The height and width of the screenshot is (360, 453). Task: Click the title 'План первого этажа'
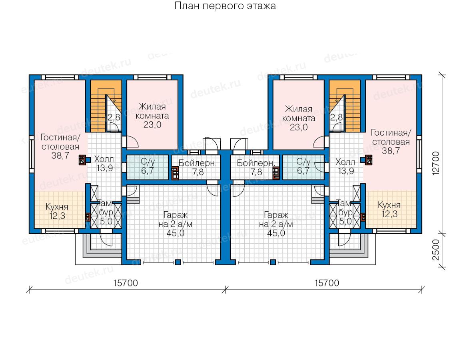(x=225, y=6)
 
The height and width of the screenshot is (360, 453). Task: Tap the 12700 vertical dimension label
(x=436, y=163)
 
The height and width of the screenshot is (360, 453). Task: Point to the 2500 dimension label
(x=436, y=250)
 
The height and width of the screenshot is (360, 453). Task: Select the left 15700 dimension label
(x=126, y=283)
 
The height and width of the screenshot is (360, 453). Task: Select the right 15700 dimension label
(x=327, y=283)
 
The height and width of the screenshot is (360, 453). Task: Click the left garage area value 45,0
(x=176, y=233)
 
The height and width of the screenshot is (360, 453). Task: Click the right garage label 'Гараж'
(x=276, y=215)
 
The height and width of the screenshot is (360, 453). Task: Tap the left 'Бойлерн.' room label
(x=198, y=163)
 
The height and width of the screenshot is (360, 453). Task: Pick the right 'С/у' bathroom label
(x=303, y=162)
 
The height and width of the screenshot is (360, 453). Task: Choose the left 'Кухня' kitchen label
(x=57, y=207)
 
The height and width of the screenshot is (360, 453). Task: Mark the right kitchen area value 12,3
(x=389, y=214)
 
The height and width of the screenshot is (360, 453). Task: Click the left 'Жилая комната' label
(x=152, y=111)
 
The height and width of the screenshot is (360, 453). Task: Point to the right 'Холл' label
(x=345, y=162)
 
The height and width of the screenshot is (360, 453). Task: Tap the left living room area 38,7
(x=60, y=156)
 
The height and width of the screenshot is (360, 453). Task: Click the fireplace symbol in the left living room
(x=82, y=160)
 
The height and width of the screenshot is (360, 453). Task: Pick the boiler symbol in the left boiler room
(x=175, y=173)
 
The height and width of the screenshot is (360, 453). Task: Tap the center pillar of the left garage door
(x=178, y=262)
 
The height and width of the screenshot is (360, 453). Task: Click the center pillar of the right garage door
(x=273, y=262)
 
